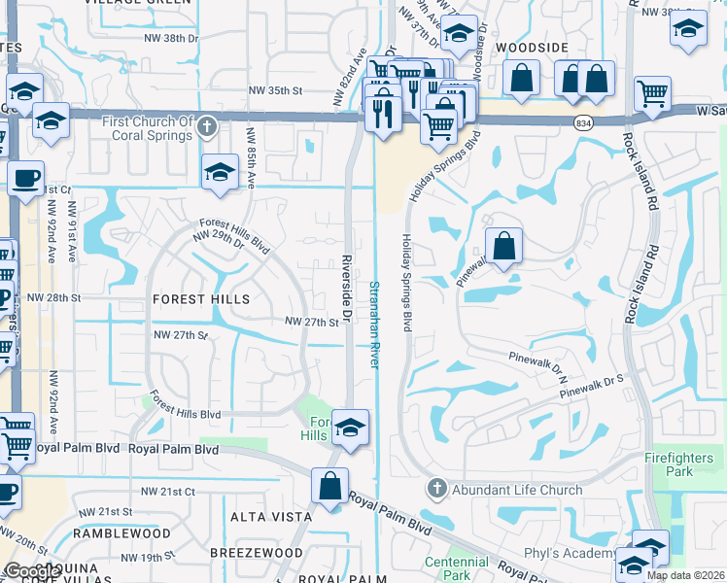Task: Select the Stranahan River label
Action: [x=374, y=324]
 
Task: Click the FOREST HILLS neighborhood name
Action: [x=201, y=299]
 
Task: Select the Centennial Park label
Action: [x=456, y=568]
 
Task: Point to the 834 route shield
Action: [x=582, y=122]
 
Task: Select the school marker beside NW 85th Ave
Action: [x=220, y=172]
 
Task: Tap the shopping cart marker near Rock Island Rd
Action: [x=652, y=94]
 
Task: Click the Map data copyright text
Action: [x=685, y=575]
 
